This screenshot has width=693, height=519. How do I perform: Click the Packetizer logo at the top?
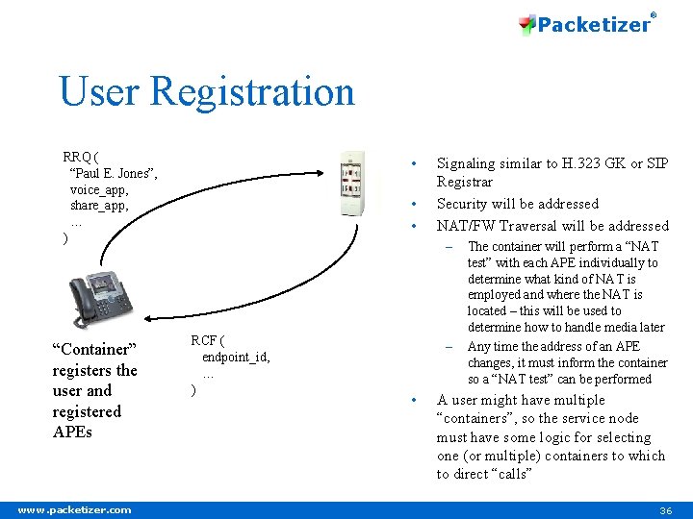[586, 24]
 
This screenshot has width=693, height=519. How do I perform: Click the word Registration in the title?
[253, 92]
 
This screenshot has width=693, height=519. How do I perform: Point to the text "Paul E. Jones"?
[114, 173]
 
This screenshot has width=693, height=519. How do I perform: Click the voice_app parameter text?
[99, 189]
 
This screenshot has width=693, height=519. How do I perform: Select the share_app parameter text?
[99, 206]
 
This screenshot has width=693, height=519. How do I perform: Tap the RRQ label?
[79, 157]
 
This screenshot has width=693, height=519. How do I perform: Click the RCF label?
[205, 340]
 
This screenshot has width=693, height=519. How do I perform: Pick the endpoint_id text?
[236, 357]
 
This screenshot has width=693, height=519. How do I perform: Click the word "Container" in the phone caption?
[95, 349]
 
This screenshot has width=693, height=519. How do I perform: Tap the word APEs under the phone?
[73, 432]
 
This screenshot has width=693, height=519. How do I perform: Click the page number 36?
[665, 510]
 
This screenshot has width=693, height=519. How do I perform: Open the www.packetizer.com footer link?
[74, 510]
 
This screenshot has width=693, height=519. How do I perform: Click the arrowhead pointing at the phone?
[150, 319]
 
